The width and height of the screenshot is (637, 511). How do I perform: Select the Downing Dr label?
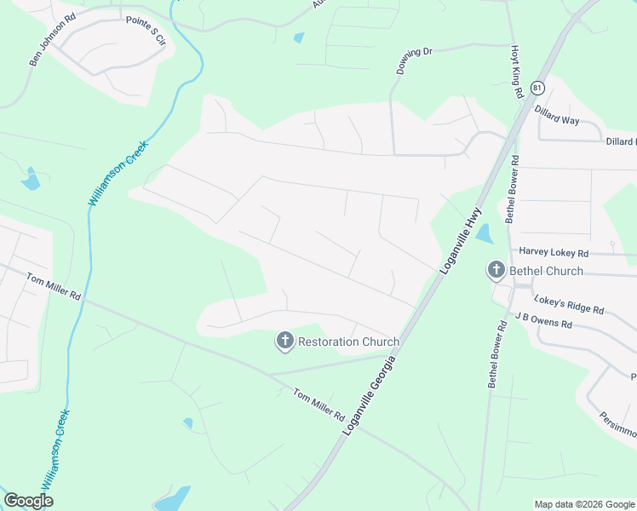(416, 61)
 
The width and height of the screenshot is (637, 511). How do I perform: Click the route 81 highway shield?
(537, 88)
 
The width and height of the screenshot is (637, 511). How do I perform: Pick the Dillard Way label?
(556, 115)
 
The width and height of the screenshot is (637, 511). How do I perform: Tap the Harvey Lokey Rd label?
(554, 253)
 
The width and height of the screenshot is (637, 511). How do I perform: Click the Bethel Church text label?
(546, 271)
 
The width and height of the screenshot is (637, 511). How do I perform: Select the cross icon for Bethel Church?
(496, 271)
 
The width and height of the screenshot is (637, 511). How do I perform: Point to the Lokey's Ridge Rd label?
(568, 304)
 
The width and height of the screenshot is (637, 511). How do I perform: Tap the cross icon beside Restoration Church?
(284, 342)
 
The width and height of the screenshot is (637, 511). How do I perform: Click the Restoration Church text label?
(348, 342)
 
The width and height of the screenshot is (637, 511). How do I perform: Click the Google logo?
(28, 501)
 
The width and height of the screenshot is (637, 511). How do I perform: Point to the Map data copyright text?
(583, 504)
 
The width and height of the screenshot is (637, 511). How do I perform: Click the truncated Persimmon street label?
(617, 423)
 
